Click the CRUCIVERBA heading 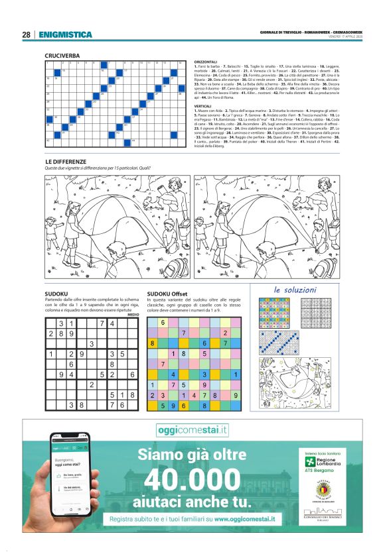coord(62,56)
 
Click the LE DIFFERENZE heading coord(65,161)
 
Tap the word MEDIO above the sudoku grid coord(133,315)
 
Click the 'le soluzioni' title coord(295,290)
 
